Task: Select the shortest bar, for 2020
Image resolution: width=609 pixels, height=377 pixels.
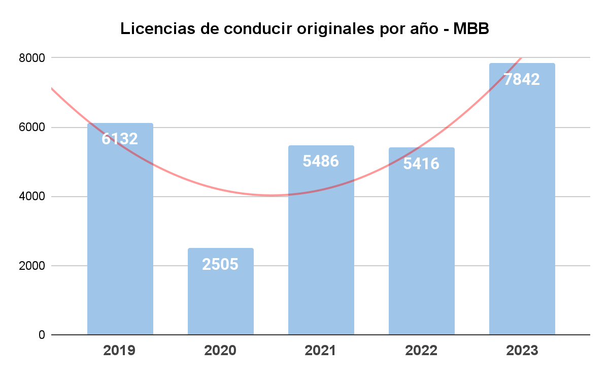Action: [220, 300]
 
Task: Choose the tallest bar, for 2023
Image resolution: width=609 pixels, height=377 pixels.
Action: [522, 213]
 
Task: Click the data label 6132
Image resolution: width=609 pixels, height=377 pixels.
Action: [120, 139]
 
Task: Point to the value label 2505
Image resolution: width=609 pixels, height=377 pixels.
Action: [220, 264]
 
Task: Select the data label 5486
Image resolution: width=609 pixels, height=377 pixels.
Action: [321, 161]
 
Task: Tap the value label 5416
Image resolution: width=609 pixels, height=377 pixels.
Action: [421, 164]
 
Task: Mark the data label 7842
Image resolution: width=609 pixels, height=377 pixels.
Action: [522, 79]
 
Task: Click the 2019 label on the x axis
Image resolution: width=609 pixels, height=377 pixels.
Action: [120, 351]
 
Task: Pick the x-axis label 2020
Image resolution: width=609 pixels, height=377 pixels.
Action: [220, 351]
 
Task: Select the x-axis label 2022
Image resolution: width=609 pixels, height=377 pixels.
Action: [421, 351]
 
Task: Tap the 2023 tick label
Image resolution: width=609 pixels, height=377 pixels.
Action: [522, 351]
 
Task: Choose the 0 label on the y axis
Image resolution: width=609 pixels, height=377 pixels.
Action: [41, 335]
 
